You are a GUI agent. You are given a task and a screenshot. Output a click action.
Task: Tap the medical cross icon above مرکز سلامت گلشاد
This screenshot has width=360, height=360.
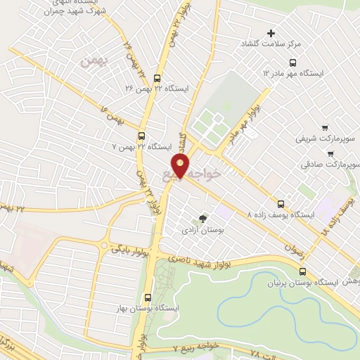tap(271, 33)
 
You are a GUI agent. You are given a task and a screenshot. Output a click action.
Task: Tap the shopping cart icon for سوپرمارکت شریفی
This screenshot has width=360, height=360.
tap(324, 127)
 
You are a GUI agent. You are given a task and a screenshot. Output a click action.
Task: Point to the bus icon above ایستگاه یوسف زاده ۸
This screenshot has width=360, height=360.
tap(281, 201)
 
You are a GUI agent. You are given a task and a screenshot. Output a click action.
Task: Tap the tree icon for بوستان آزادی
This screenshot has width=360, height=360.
tap(203, 219)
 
